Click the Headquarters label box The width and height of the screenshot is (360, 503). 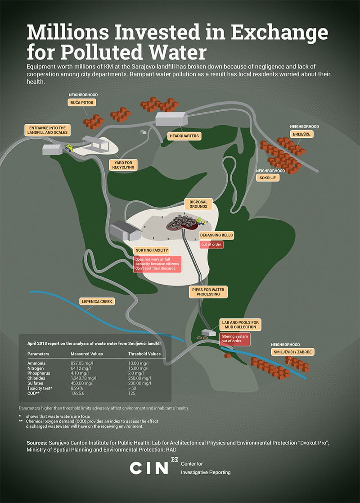[184, 136]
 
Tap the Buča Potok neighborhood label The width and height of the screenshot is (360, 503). [81, 103]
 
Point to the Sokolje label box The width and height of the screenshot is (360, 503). [267, 178]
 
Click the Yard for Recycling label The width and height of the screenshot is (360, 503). [122, 165]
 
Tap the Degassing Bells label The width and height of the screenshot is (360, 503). [217, 236]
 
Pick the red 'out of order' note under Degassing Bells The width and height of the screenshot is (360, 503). [212, 245]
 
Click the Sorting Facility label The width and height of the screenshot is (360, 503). [152, 250]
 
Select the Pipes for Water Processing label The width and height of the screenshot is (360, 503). [208, 291]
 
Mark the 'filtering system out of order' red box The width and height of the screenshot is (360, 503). [234, 340]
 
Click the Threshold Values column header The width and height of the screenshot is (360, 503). [144, 353]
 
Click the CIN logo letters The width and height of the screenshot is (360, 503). [148, 468]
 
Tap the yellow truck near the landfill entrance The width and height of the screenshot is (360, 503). [69, 147]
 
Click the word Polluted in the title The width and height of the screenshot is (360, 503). [112, 51]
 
